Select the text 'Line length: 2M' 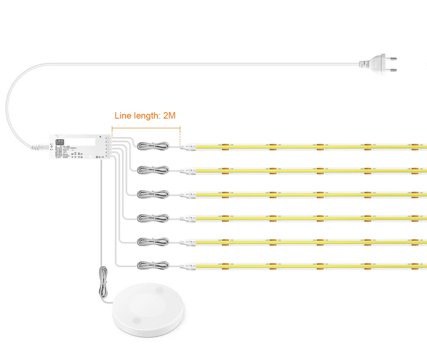[146, 115]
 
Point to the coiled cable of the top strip [153, 146]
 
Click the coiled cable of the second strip [153, 170]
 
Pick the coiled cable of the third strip [153, 194]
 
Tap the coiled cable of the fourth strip [153, 218]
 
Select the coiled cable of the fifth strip [153, 242]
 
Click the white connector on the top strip [187, 146]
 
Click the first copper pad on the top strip [225, 146]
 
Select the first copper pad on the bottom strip [225, 265]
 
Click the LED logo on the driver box [59, 142]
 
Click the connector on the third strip [187, 194]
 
